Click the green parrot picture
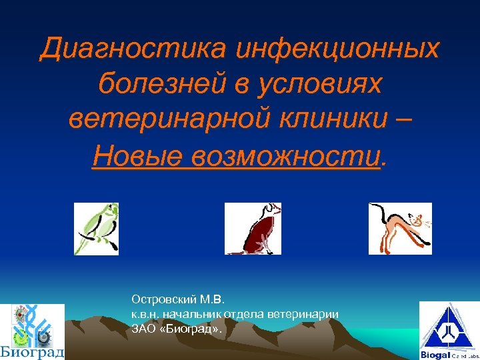96,229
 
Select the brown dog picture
253,229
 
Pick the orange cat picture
400,229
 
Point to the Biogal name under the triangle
434,355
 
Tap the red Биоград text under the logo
32,352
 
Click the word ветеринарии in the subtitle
309,314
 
